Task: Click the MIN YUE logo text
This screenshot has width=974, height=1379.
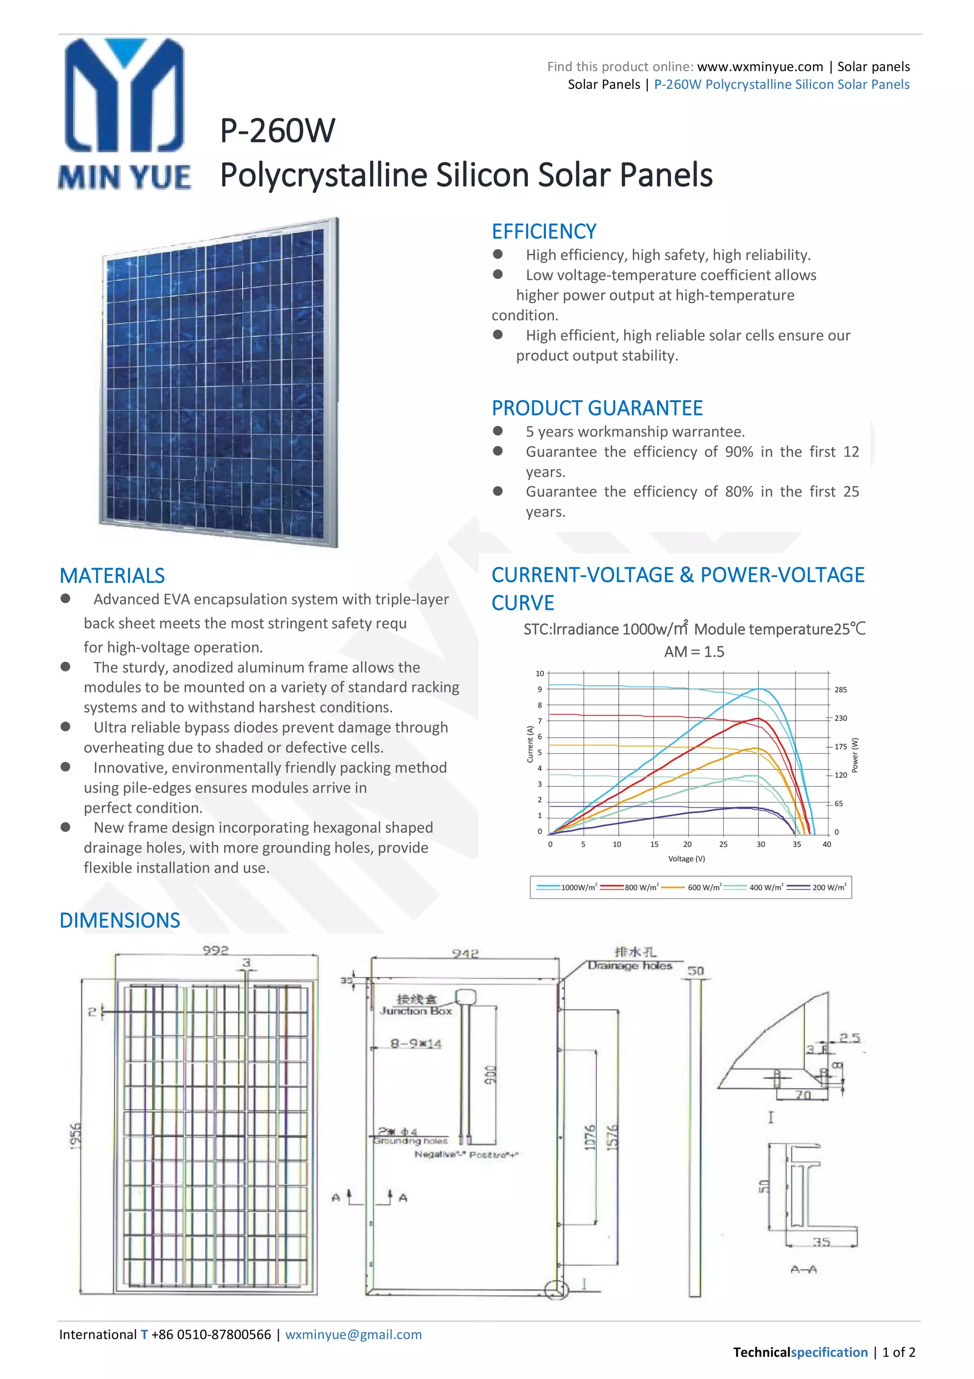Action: click(x=125, y=178)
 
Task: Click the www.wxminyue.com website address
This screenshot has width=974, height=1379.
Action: click(x=760, y=67)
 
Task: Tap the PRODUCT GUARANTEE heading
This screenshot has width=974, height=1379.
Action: click(x=597, y=408)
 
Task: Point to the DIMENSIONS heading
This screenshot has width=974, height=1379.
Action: click(x=119, y=920)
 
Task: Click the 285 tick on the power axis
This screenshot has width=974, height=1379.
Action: click(x=840, y=689)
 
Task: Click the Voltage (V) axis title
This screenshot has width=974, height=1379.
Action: click(x=686, y=858)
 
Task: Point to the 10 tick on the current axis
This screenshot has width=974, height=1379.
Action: click(x=540, y=673)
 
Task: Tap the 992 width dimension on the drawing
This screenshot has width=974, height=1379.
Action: click(x=215, y=950)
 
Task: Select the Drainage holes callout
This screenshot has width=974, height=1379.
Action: click(x=630, y=966)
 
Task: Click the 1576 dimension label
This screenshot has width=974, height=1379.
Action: click(x=612, y=1138)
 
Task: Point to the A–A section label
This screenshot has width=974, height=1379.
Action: click(x=803, y=1270)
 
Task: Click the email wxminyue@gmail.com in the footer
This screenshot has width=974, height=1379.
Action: click(x=353, y=1335)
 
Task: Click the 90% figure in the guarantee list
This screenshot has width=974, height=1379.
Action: click(x=739, y=452)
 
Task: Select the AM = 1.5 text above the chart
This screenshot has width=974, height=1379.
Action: click(x=694, y=652)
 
